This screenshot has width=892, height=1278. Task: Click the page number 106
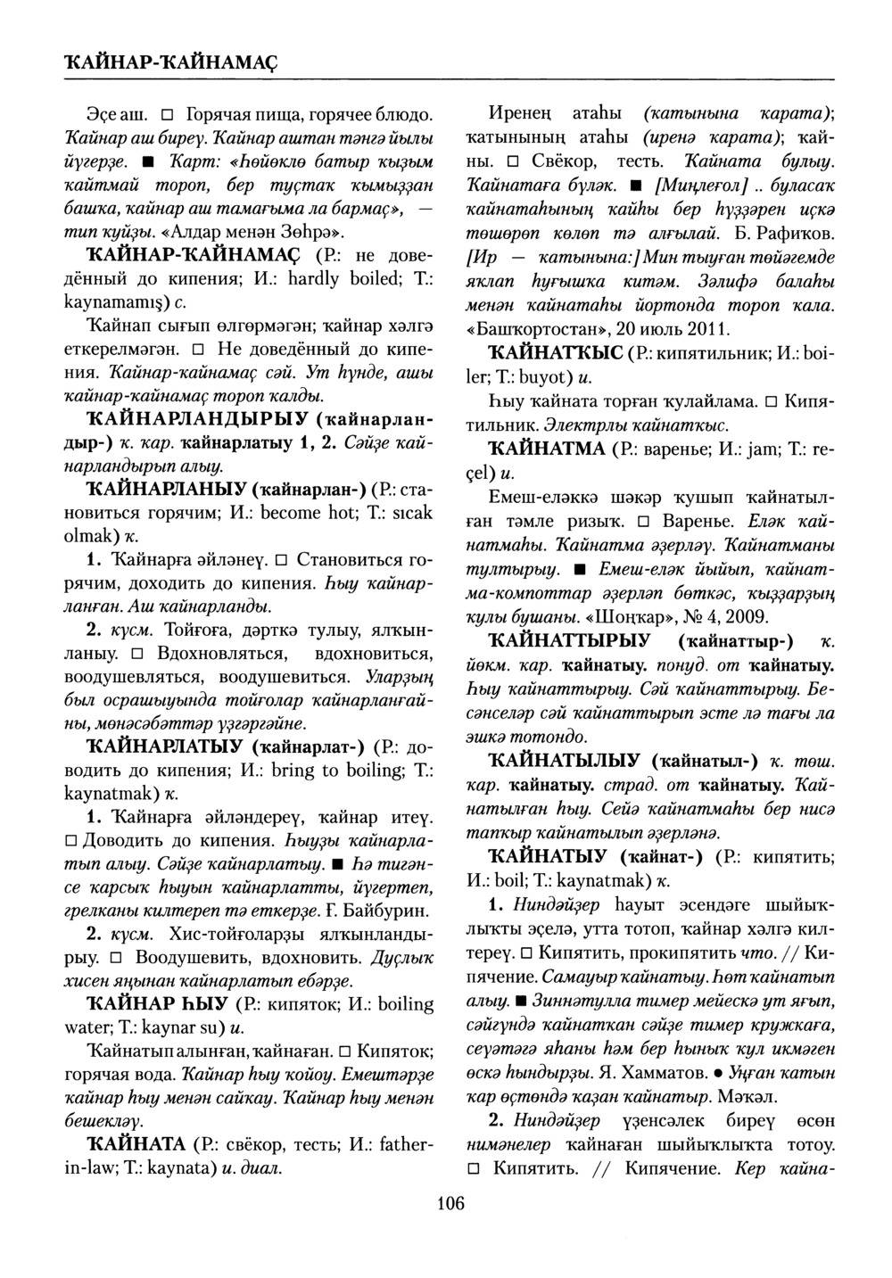coord(450,1204)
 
